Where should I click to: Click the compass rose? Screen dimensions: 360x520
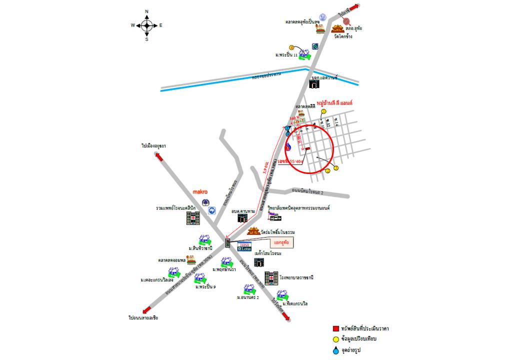146,25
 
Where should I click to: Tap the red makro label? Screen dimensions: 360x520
200,191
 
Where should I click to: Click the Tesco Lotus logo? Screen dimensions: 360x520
244,246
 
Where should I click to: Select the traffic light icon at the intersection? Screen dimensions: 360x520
228,243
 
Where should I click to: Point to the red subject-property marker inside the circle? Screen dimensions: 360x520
307,148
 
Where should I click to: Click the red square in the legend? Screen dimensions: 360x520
336,328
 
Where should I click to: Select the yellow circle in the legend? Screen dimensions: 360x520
336,339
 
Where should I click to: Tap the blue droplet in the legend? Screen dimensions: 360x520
336,350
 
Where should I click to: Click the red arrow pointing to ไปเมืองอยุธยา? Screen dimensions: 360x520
159,156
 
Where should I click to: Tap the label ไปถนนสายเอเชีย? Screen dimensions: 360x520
143,317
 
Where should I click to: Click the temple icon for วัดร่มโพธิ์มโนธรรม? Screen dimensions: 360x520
254,232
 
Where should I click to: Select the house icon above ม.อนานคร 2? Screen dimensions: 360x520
248,289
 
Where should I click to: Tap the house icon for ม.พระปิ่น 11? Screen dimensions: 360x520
304,54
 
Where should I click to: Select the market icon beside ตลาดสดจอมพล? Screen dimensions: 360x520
191,260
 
